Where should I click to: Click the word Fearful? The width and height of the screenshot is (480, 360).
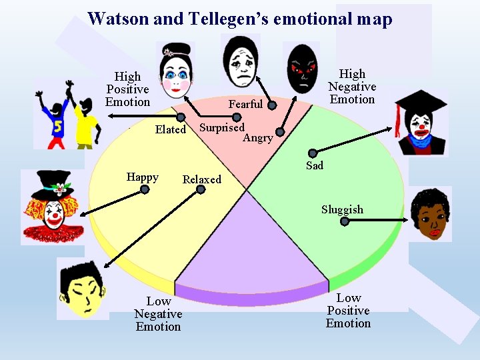pos(245,104)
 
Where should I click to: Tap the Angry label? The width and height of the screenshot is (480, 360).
pos(257,138)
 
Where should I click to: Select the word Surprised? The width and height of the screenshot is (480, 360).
pos(222,127)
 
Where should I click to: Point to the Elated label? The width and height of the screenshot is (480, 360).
pos(170,129)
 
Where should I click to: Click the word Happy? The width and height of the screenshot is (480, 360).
pos(143,177)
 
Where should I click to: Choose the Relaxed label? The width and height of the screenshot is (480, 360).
pos(201,179)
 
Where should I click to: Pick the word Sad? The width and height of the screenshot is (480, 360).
pos(315,165)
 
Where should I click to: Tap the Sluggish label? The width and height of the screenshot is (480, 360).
pos(342,209)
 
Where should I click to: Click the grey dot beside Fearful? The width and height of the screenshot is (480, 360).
pos(272,105)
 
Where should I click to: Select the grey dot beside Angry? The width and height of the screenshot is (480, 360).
pos(281,132)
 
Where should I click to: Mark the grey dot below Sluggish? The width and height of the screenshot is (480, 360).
pos(345,222)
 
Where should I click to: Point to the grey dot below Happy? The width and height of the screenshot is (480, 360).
pos(145,189)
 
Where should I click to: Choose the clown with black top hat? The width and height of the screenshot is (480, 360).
pos(53,207)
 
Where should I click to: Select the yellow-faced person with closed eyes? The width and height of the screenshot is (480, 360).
pos(83,289)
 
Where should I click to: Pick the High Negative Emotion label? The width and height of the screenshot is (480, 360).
pos(352,87)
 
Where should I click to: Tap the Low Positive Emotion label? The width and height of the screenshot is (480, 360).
pos(348,311)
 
